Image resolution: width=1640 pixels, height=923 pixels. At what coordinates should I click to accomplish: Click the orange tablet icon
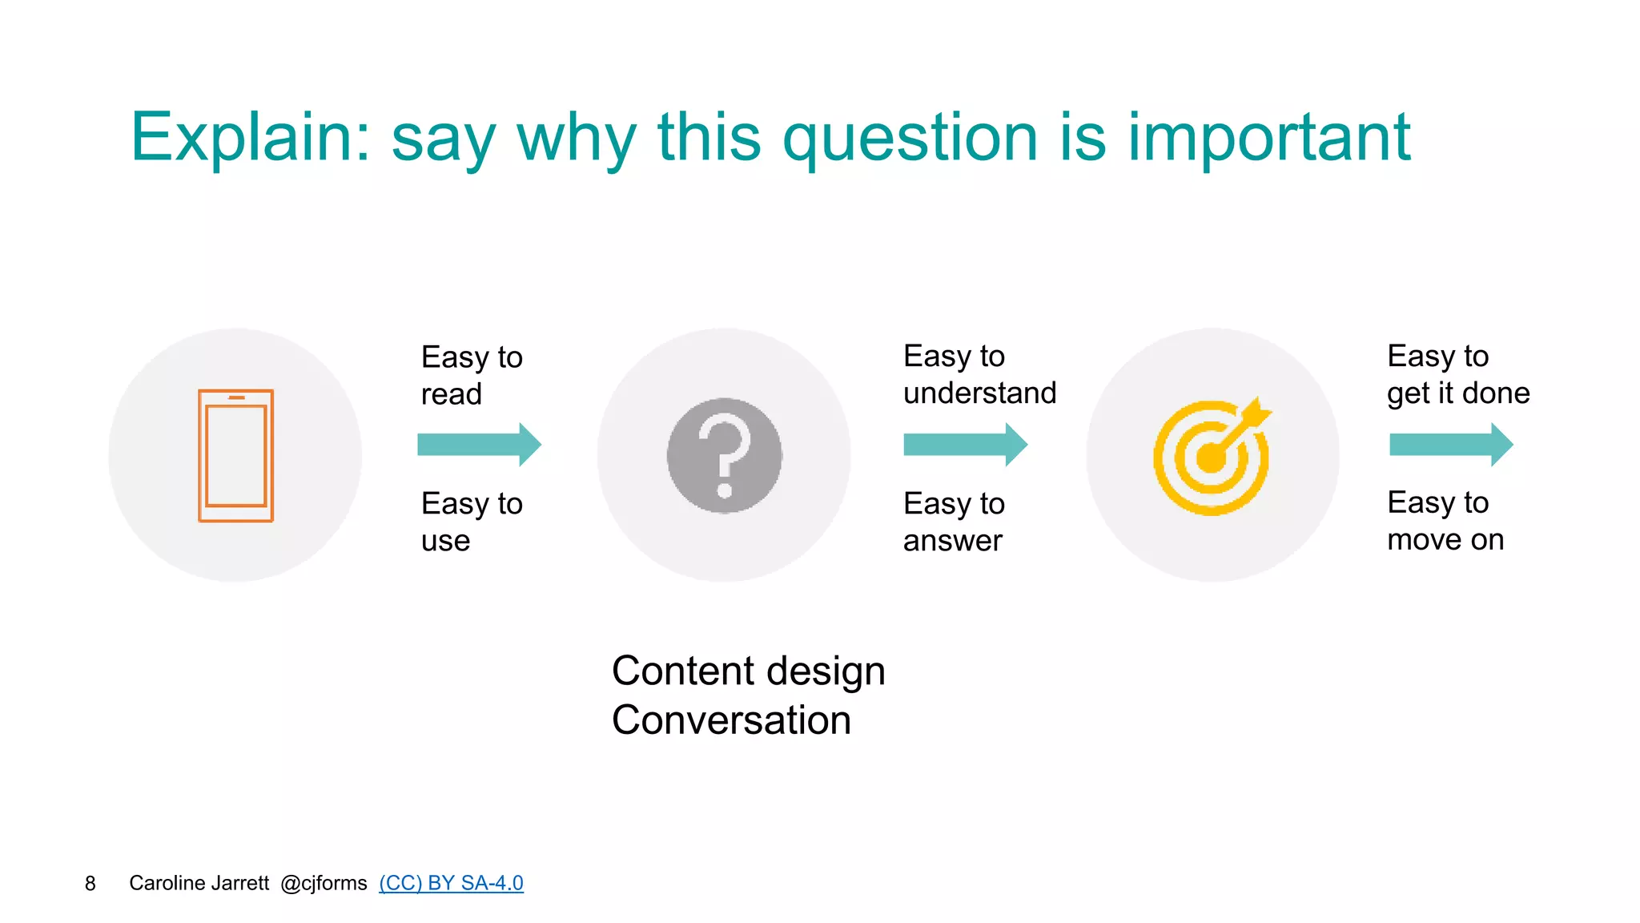pyautogui.click(x=235, y=455)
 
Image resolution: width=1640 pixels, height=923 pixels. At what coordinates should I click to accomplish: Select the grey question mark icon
pyautogui.click(x=724, y=455)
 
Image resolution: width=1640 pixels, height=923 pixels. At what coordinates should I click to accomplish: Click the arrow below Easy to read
pyautogui.click(x=479, y=445)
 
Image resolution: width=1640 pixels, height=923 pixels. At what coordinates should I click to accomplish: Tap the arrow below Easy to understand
pyautogui.click(x=965, y=445)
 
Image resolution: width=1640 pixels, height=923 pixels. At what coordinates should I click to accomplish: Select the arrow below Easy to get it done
pyautogui.click(x=1450, y=445)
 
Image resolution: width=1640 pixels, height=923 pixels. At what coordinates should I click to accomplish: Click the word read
pyautogui.click(x=451, y=394)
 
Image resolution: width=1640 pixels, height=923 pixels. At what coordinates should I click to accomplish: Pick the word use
pyautogui.click(x=445, y=541)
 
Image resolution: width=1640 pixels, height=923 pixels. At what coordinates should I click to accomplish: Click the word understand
pyautogui.click(x=979, y=393)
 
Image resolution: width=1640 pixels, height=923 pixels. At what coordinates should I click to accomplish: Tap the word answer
pyautogui.click(x=952, y=541)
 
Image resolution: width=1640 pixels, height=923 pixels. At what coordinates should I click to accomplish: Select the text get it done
pyautogui.click(x=1457, y=393)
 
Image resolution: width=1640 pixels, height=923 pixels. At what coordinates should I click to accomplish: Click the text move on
pyautogui.click(x=1445, y=540)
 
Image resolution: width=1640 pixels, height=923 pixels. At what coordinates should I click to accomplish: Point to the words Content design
pyautogui.click(x=748, y=671)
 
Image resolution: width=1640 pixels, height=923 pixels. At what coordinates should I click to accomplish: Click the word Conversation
pyautogui.click(x=730, y=719)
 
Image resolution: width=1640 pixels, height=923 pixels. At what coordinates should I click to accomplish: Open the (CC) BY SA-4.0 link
pyautogui.click(x=451, y=883)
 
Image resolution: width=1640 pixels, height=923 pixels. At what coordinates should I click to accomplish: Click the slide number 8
pyautogui.click(x=90, y=883)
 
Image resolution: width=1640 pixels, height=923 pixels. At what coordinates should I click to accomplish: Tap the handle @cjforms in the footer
pyautogui.click(x=324, y=883)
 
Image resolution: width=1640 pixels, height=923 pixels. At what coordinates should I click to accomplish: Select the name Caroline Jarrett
pyautogui.click(x=199, y=883)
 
